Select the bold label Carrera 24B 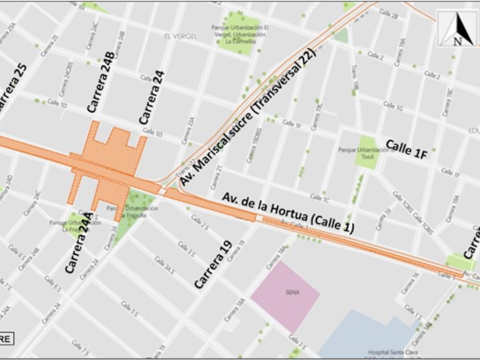click(x=101, y=82)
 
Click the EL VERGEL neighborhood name click(x=180, y=36)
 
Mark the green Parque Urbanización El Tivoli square click(x=367, y=152)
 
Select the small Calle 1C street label click(x=320, y=197)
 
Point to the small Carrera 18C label click(x=448, y=102)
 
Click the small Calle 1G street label click(x=393, y=106)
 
